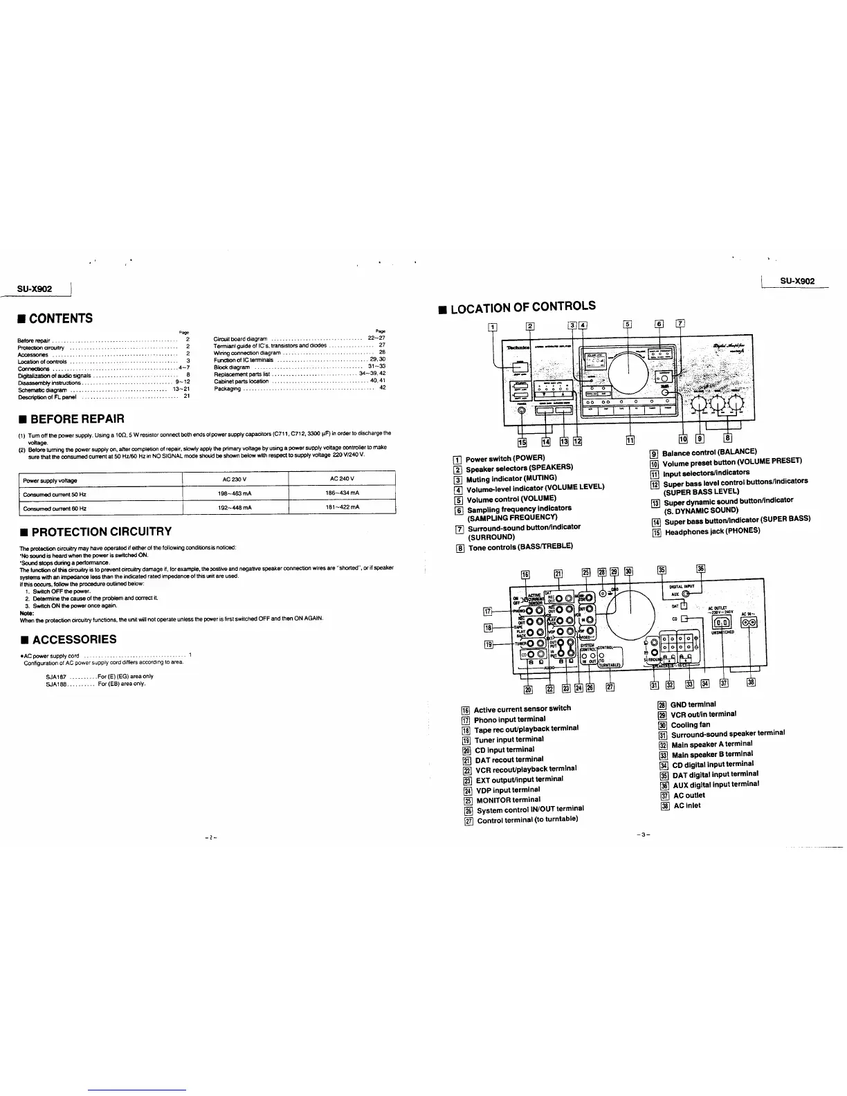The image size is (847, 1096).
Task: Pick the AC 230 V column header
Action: (x=235, y=479)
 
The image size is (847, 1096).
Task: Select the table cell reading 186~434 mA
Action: (x=342, y=493)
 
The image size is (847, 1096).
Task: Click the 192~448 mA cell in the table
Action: (x=235, y=508)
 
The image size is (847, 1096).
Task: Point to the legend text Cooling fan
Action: (x=691, y=724)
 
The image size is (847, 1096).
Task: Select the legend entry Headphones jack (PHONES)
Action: (x=711, y=531)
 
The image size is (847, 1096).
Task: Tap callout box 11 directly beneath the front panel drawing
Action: (x=630, y=440)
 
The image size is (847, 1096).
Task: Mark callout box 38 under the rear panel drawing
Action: (x=751, y=683)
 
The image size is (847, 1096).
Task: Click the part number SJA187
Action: (x=56, y=676)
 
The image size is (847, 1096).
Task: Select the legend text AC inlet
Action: (x=687, y=805)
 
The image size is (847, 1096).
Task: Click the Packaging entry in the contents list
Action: (x=228, y=389)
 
